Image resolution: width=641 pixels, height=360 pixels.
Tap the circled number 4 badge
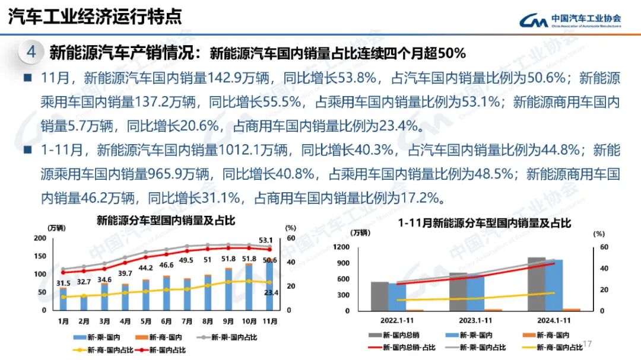click(31, 52)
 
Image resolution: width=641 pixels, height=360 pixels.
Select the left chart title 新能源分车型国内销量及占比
click(166, 221)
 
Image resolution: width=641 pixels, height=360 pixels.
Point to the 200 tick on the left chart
click(40, 238)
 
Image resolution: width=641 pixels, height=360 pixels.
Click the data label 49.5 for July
click(187, 260)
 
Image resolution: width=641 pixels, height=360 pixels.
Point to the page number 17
click(588, 344)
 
